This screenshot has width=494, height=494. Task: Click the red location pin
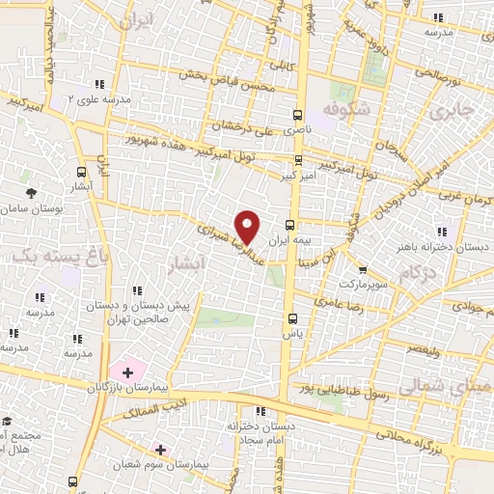point(248,226)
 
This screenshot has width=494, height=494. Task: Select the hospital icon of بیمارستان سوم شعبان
point(160,449)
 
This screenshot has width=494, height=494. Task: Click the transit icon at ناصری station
point(298,112)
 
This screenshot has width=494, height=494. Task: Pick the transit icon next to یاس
point(290,317)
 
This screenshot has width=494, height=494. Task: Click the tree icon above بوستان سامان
point(32,193)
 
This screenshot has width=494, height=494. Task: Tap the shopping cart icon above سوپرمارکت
point(362,270)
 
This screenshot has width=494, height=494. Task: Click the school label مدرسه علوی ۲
point(70,98)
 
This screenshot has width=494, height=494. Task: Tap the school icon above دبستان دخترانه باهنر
point(443,232)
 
